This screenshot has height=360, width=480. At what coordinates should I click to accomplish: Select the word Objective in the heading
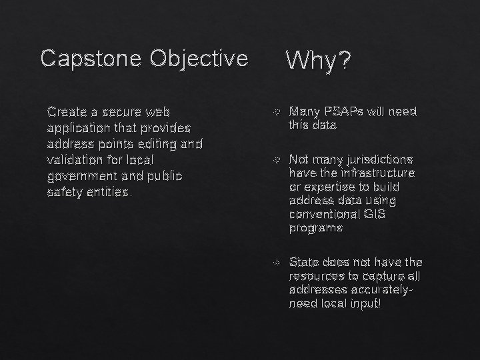click(199, 58)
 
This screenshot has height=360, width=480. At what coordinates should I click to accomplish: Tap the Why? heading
click(318, 61)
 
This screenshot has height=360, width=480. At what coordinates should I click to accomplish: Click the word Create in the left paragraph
click(66, 111)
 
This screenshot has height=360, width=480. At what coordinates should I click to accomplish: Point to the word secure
click(123, 111)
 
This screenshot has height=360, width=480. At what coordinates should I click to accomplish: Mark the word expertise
click(329, 187)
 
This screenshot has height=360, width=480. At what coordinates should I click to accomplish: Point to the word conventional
click(323, 214)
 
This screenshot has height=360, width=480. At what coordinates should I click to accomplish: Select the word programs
click(316, 227)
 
